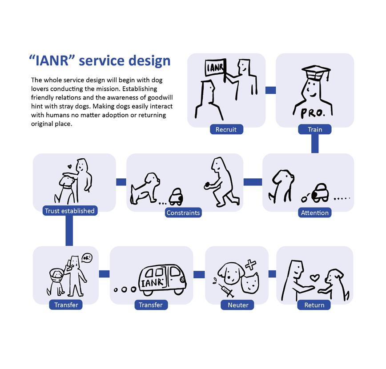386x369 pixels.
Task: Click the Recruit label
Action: (226, 129)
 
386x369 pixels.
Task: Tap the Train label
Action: (315, 129)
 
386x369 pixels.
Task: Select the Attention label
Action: (315, 213)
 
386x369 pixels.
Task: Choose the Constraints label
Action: (183, 213)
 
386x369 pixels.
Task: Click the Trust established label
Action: (70, 211)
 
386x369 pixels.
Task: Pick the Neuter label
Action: (238, 305)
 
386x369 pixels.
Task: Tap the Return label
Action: (314, 305)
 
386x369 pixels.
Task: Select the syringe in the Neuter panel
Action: (224, 290)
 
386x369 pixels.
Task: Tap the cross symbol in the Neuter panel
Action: (250, 265)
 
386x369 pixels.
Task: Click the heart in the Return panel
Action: (315, 278)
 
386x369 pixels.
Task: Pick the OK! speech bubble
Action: (87, 258)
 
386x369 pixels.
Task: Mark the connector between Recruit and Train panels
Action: (270, 90)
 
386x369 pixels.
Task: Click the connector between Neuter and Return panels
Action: (272, 274)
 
